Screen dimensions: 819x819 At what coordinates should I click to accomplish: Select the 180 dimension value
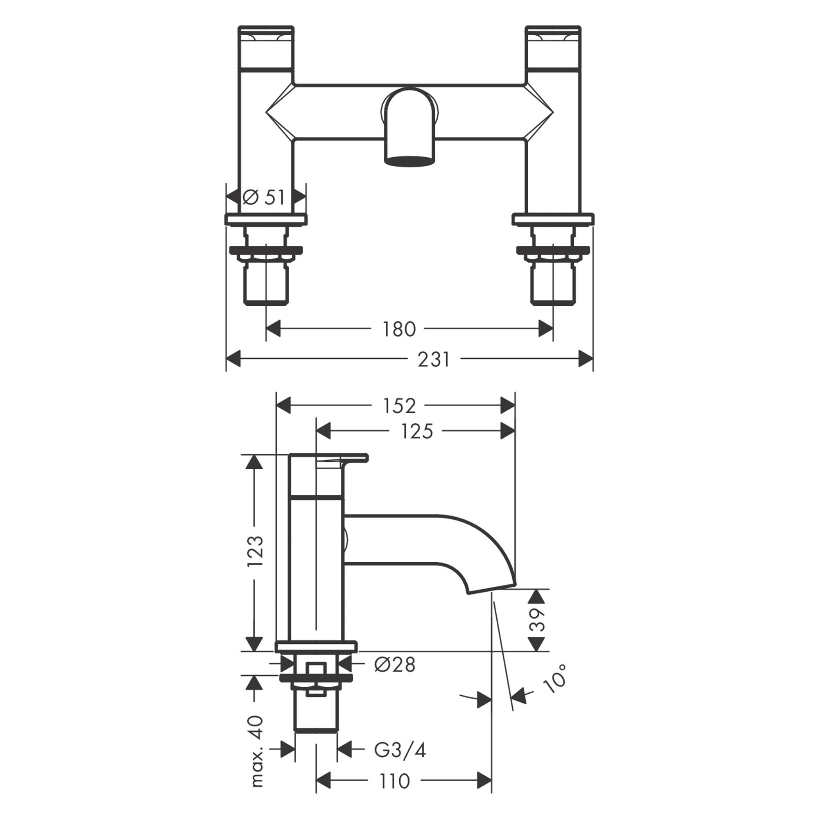pyautogui.click(x=399, y=329)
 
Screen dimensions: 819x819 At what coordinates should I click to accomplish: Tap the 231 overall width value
pyautogui.click(x=433, y=360)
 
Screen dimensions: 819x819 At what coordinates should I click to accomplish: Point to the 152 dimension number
pyautogui.click(x=399, y=406)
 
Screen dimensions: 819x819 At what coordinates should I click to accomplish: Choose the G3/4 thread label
pyautogui.click(x=399, y=750)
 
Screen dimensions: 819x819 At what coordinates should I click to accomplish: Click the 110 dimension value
pyautogui.click(x=394, y=793)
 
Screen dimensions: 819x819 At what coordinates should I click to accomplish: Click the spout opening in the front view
pyautogui.click(x=409, y=161)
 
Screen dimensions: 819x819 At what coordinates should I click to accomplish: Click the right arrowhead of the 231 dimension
pyautogui.click(x=586, y=359)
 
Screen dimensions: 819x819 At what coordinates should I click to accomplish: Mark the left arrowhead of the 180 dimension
pyautogui.click(x=274, y=328)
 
